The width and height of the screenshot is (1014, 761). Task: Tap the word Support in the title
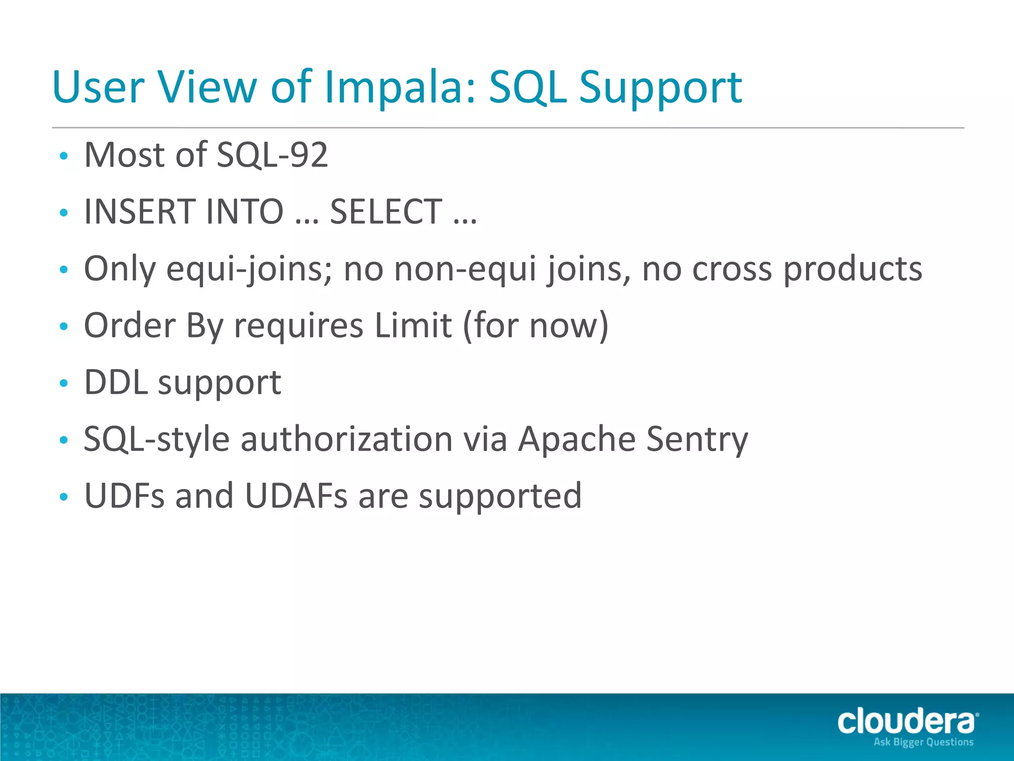pyautogui.click(x=660, y=88)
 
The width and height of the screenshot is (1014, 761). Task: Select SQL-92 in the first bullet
pyautogui.click(x=272, y=155)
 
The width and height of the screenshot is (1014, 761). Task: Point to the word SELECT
pyautogui.click(x=386, y=212)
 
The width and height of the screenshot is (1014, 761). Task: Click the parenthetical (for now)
pyautogui.click(x=536, y=326)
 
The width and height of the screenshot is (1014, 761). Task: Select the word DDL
pyautogui.click(x=116, y=382)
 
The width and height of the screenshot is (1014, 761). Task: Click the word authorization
pyautogui.click(x=347, y=439)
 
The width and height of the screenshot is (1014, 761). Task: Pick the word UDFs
pyautogui.click(x=124, y=496)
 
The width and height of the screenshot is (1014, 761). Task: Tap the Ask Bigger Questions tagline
pyautogui.click(x=923, y=742)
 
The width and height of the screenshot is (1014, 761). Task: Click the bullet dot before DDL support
pyautogui.click(x=63, y=383)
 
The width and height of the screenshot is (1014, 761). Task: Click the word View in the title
pyautogui.click(x=207, y=88)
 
